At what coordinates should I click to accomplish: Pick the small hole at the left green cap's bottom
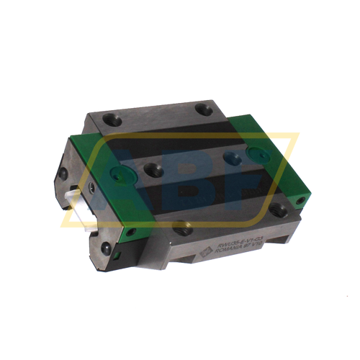pyautogui.click(x=131, y=232)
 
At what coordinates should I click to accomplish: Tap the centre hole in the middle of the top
pyautogui.click(x=153, y=170)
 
